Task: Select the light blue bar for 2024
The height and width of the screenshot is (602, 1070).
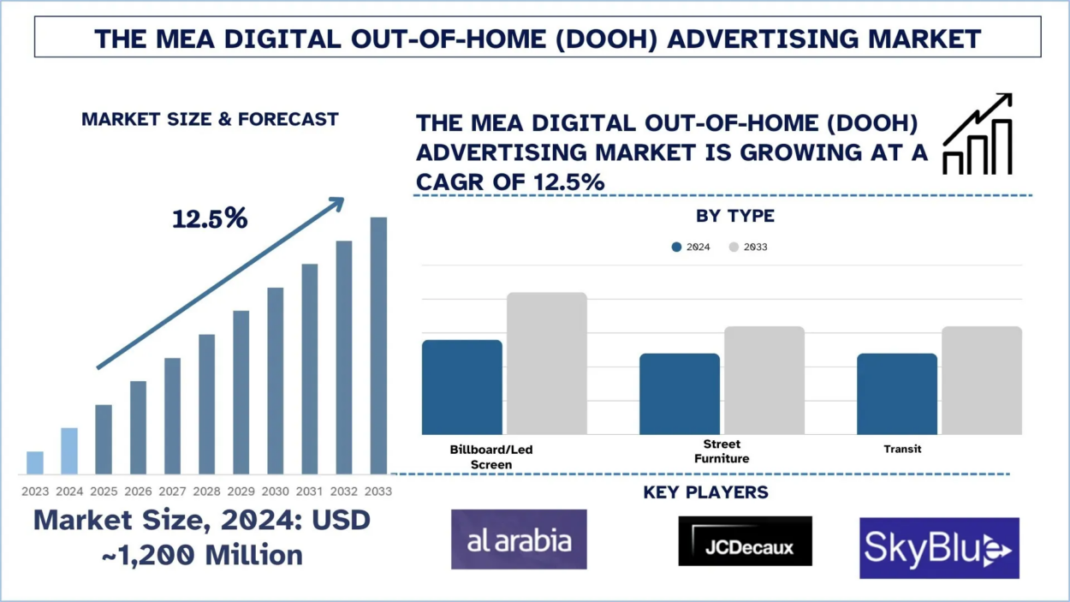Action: coord(69,450)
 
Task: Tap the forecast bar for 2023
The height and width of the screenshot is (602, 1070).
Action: coord(35,462)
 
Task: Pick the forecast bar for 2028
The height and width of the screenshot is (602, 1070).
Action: coord(207,403)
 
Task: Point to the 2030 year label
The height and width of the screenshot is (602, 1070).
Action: coord(276,492)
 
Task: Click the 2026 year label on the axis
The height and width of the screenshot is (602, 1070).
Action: coord(138,492)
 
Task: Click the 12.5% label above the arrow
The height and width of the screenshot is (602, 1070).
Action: coord(210,219)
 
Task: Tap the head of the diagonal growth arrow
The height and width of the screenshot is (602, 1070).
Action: coord(336,204)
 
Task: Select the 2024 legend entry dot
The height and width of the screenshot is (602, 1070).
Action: coord(677,247)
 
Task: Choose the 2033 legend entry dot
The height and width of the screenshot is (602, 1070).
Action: coord(734,247)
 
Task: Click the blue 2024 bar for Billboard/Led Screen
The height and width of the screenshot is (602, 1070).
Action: coord(462,387)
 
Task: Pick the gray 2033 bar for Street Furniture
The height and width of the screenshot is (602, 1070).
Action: coord(764,380)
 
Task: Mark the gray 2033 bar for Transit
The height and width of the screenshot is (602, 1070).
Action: coord(982,380)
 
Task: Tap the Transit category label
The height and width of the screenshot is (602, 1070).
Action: coord(902,449)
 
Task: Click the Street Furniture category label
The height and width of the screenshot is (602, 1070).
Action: coord(722,451)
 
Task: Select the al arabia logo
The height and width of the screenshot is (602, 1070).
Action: coord(519,539)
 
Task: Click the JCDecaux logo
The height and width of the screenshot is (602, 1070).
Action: coord(745,541)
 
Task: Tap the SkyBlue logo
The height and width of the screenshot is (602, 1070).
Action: coord(939,548)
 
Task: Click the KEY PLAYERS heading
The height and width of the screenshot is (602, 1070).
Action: coord(705,492)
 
